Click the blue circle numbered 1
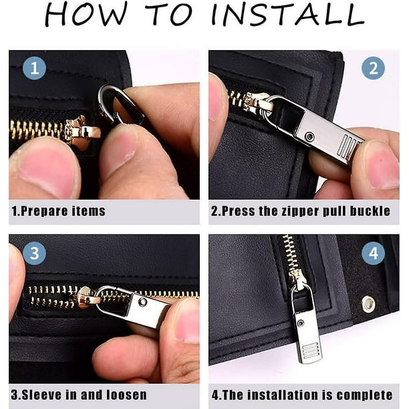35,68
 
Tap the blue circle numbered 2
374,68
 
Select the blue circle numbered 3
35,253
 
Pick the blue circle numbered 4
374,253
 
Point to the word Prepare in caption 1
45,211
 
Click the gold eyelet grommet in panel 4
368,304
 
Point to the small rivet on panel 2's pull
310,136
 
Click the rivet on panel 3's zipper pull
142,302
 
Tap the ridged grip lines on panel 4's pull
310,350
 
